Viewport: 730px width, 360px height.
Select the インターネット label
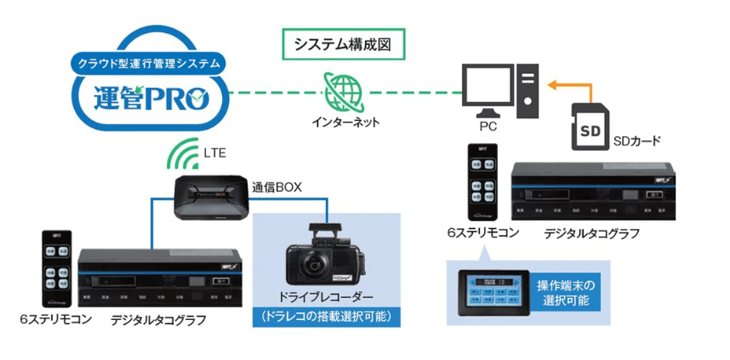click(x=345, y=122)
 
